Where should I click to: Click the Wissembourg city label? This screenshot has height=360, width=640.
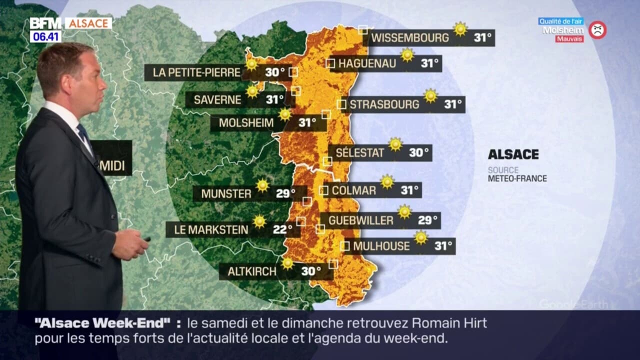[410, 37]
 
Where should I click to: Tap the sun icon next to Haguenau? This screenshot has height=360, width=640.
[407, 55]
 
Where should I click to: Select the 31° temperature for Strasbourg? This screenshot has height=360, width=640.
[453, 104]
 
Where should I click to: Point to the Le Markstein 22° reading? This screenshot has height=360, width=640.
[282, 229]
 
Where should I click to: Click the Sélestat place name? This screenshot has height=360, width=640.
[360, 153]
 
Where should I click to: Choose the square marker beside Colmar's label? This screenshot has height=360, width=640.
[323, 190]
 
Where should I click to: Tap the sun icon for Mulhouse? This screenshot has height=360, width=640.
[421, 237]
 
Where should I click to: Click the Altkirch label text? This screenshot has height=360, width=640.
[252, 271]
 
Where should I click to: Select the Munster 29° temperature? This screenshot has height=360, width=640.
[285, 193]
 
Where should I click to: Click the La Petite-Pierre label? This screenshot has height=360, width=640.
[196, 72]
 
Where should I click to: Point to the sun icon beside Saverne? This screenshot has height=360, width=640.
[252, 91]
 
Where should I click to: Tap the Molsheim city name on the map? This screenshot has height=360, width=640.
[246, 123]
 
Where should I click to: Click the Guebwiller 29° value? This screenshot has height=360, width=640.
[428, 220]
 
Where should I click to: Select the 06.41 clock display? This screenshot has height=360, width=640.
[45, 36]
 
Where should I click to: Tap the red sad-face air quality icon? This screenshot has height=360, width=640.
[597, 30]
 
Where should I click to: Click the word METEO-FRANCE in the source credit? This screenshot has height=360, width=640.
[517, 178]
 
